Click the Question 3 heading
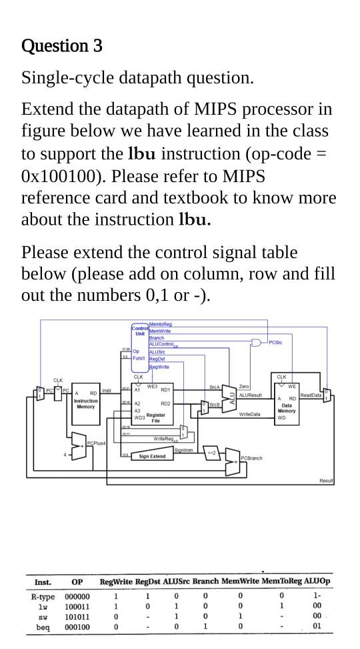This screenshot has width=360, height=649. tap(62, 46)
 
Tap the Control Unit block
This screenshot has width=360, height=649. tap(139, 331)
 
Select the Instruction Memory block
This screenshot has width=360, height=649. tap(85, 404)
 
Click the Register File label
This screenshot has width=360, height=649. tap(155, 418)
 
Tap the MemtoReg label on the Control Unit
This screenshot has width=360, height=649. tap(160, 324)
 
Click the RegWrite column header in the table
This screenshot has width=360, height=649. tap(116, 582)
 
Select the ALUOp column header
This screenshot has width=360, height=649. tap(317, 582)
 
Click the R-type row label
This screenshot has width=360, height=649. tap(43, 596)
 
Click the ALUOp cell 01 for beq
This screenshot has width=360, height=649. tap(317, 626)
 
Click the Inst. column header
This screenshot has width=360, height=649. tap(43, 582)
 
